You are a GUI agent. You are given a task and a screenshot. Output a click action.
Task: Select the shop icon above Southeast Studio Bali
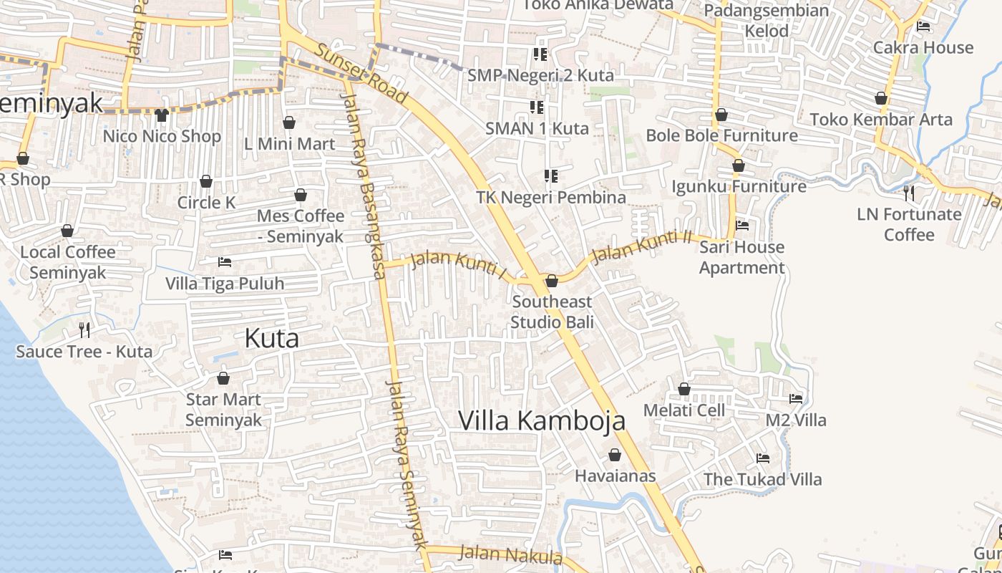click(x=552, y=281)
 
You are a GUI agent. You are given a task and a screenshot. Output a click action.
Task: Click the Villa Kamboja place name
click(x=542, y=420)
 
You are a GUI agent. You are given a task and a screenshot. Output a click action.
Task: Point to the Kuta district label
click(x=271, y=337)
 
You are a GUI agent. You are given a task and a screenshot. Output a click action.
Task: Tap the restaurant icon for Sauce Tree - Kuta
click(x=84, y=330)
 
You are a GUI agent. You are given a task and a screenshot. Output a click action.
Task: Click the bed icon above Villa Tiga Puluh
click(x=225, y=262)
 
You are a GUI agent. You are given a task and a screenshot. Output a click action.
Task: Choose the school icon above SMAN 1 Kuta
click(x=537, y=107)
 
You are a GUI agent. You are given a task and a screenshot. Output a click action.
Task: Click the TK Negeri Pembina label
click(x=551, y=197)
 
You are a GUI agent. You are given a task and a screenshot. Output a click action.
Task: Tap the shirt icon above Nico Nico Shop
click(x=161, y=115)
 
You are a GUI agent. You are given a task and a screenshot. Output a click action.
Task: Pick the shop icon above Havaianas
click(x=615, y=455)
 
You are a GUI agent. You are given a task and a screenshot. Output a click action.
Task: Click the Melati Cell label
click(x=684, y=410)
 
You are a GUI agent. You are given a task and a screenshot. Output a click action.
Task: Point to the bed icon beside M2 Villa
click(x=796, y=399)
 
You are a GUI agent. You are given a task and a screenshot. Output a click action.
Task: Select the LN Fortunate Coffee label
click(x=909, y=224)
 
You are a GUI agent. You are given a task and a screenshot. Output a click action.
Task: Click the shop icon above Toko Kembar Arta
click(x=881, y=98)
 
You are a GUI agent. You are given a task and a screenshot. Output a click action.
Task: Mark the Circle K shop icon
click(x=206, y=181)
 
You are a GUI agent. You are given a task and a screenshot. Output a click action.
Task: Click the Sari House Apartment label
click(x=741, y=257)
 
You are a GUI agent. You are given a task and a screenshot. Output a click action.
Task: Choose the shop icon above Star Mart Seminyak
click(x=223, y=378)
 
